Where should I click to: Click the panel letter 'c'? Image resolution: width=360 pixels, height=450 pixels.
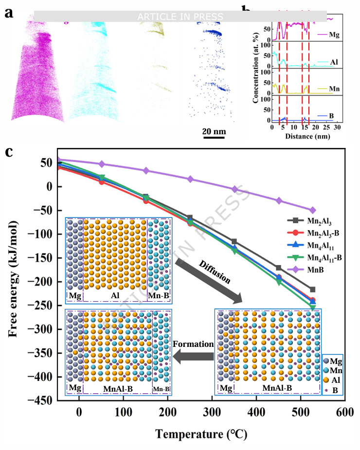pyautogui.click(x=9, y=152)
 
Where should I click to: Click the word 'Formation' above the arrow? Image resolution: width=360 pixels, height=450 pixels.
pyautogui.click(x=194, y=344)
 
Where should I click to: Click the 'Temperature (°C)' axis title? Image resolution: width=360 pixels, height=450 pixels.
pyautogui.click(x=200, y=432)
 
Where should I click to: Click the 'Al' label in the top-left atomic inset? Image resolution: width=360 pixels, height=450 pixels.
pyautogui.click(x=115, y=296)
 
